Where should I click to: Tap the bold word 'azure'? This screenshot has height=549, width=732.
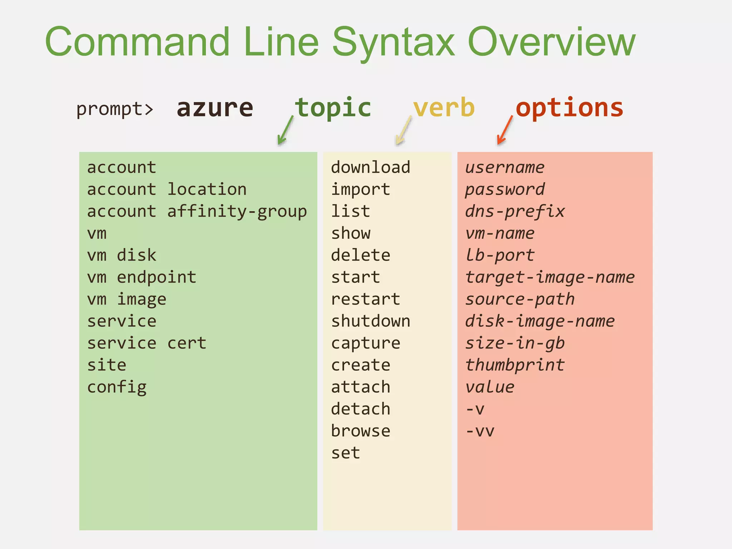point(215,108)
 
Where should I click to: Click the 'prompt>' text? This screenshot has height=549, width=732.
point(115,109)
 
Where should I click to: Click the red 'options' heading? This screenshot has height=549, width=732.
point(569,108)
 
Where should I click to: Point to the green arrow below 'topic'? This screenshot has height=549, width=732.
point(285,130)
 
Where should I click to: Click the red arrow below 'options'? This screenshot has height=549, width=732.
point(505,130)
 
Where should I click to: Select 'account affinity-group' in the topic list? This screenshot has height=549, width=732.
point(197,212)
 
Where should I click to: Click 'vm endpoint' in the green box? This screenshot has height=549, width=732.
point(142,277)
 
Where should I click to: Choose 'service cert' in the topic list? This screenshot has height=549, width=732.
point(147,343)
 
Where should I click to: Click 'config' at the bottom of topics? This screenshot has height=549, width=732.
point(117,387)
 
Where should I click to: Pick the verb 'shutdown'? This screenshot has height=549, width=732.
point(371,321)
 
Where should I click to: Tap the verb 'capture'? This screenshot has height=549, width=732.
point(366,343)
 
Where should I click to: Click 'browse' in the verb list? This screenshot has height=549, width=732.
point(361,431)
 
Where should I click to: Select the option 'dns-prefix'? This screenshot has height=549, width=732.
point(515,212)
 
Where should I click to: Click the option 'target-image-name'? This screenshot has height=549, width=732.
point(550,277)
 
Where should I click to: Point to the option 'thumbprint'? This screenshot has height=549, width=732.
point(515,365)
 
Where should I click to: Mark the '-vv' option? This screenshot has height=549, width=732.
point(480,431)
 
